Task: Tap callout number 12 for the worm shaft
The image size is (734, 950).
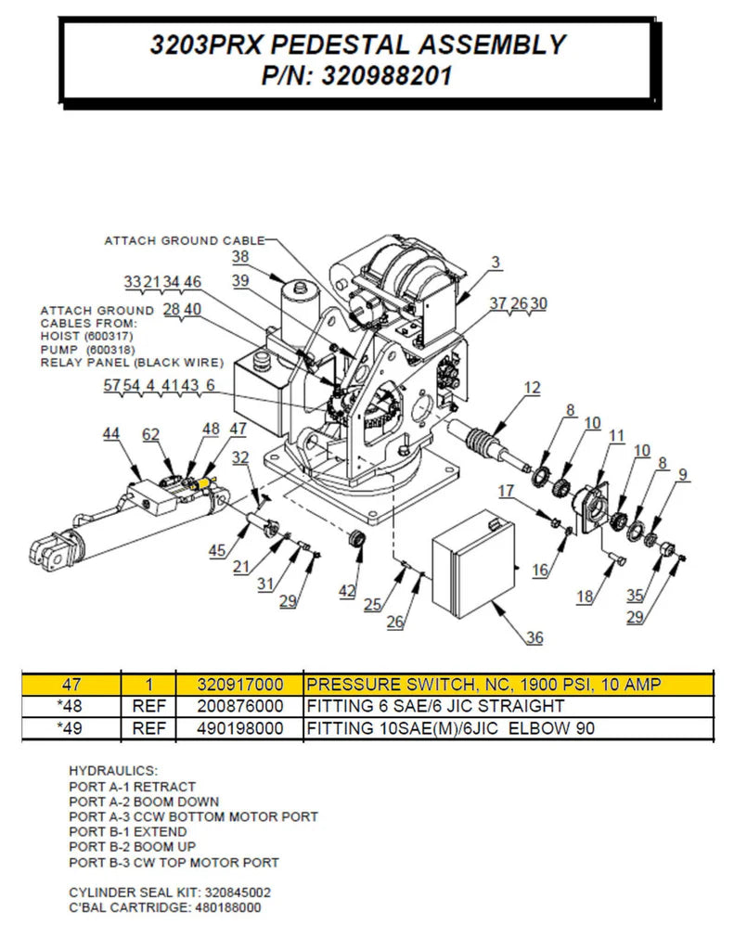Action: coord(532,389)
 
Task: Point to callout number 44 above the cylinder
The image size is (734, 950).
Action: coord(110,433)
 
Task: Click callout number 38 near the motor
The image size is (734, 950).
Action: coord(240,256)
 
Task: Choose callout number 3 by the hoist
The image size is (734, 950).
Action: coord(496,263)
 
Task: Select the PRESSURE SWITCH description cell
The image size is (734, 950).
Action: coord(483,685)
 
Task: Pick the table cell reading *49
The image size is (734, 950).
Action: coord(71,728)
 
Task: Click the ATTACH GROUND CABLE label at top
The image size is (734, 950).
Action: coord(184,240)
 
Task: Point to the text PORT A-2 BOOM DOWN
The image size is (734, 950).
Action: coord(144,802)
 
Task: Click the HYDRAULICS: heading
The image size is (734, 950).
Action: coord(113,771)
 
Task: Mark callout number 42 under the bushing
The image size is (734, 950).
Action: coord(347,590)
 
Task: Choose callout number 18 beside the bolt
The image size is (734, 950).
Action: coord(585,597)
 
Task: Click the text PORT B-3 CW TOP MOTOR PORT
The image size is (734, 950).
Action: coord(174,862)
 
